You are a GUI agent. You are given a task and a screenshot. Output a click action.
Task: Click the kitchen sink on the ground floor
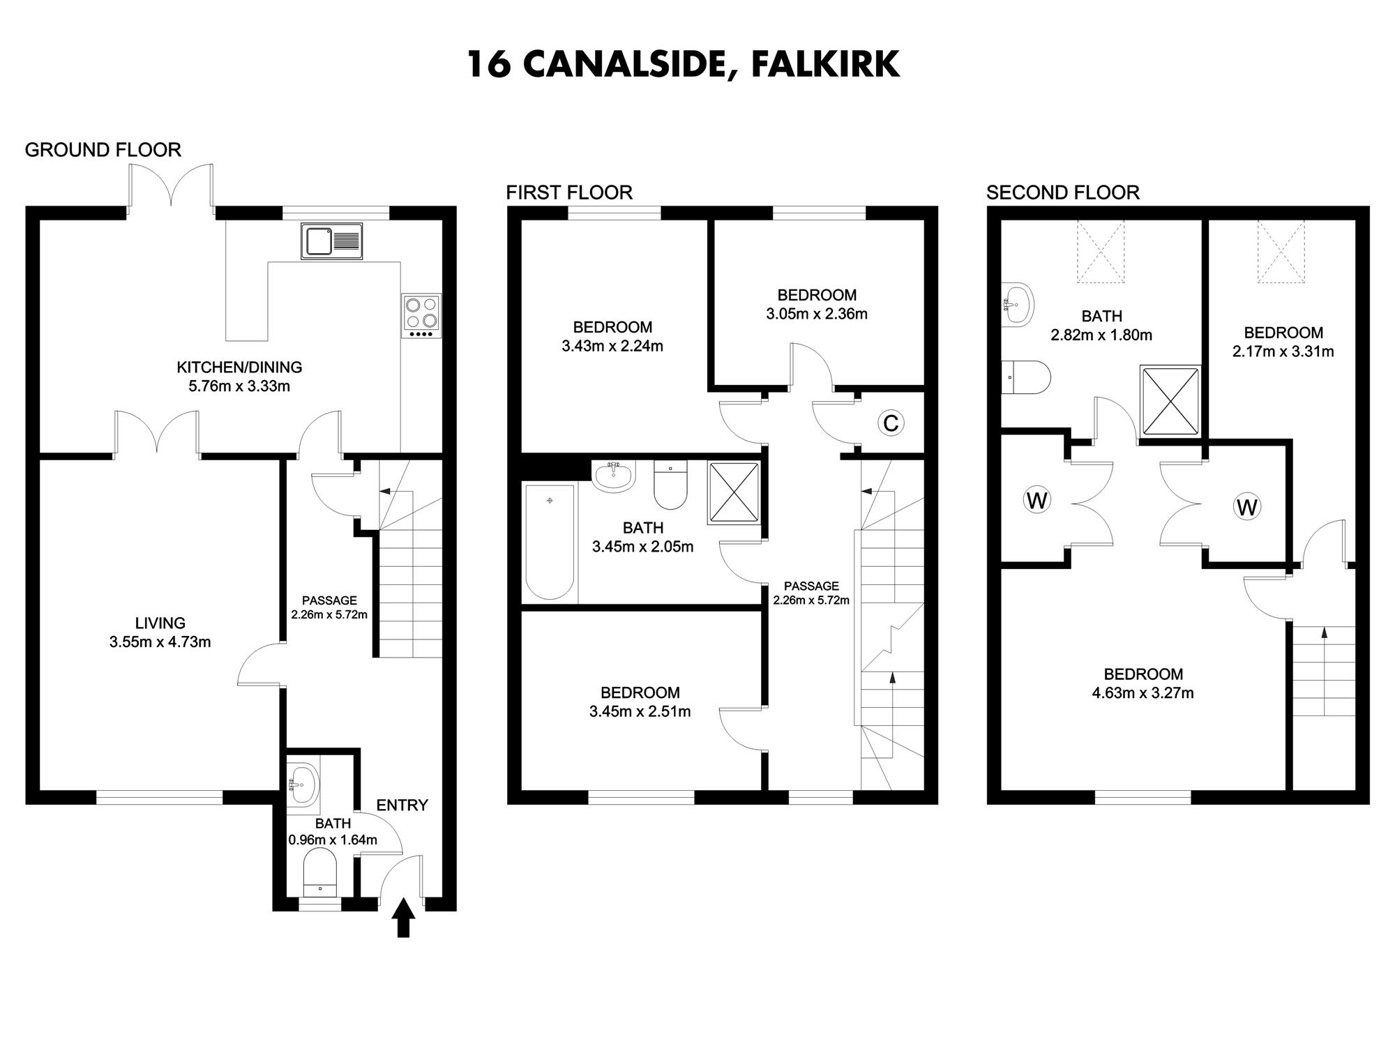click(332, 241)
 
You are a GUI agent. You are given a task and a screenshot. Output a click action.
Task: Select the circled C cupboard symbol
click(891, 423)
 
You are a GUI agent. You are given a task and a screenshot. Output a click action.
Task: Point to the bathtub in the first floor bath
click(550, 542)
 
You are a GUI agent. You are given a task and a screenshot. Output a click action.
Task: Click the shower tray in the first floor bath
click(734, 492)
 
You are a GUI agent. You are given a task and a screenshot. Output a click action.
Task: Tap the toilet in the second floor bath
click(1026, 377)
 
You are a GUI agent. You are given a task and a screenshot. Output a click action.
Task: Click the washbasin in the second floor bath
click(1016, 304)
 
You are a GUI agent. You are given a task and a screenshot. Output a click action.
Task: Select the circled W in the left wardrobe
click(1037, 500)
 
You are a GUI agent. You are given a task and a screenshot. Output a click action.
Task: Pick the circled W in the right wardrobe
click(1246, 507)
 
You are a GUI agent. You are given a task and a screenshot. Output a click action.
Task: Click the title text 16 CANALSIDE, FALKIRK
click(683, 63)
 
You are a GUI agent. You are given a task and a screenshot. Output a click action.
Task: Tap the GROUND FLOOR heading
click(103, 150)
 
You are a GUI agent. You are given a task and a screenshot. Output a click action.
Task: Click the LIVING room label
click(160, 623)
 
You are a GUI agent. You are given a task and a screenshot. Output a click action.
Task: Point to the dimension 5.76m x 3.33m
click(239, 386)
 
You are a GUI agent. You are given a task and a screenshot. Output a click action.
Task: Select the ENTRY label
click(402, 805)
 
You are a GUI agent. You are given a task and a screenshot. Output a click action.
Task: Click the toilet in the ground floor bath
click(320, 872)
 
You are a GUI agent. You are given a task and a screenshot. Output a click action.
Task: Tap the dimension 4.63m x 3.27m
click(1143, 693)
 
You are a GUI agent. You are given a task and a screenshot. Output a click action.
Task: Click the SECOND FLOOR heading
click(1062, 192)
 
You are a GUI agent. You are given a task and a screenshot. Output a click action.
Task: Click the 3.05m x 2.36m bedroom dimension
click(817, 314)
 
